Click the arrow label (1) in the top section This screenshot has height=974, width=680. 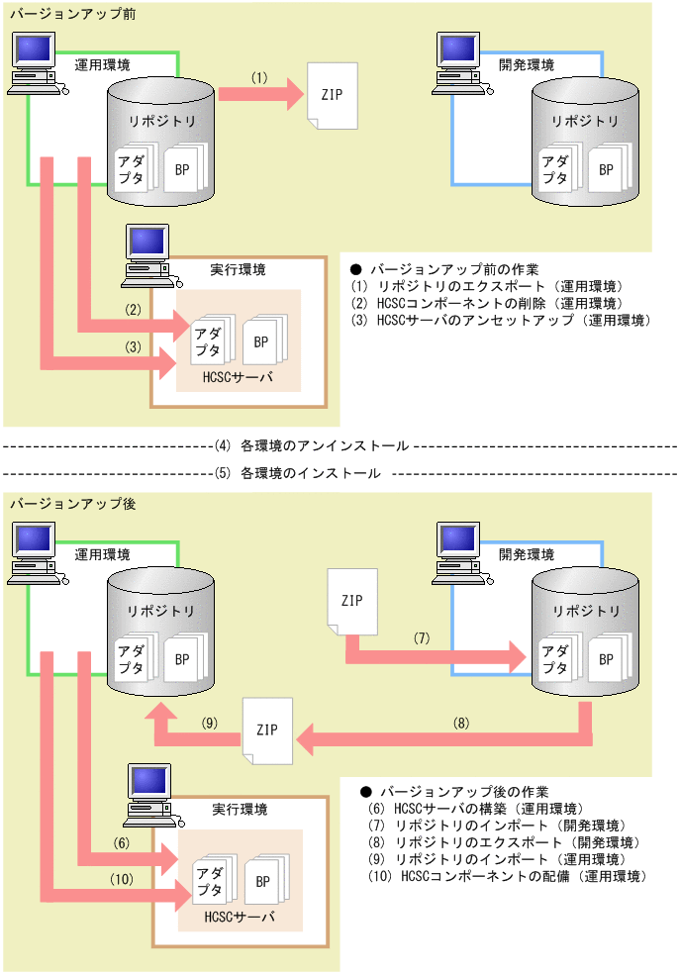pyautogui.click(x=259, y=76)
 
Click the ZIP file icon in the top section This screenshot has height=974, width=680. pyautogui.click(x=334, y=95)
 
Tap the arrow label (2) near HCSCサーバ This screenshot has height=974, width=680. pyautogui.click(x=135, y=310)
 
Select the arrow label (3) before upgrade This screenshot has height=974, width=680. pyautogui.click(x=135, y=347)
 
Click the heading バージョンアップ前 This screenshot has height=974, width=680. pyautogui.click(x=66, y=13)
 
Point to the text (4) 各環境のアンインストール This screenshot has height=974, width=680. pyautogui.click(x=311, y=446)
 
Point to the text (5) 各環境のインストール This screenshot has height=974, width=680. pyautogui.click(x=297, y=473)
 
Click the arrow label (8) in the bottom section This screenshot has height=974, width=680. pyautogui.click(x=461, y=724)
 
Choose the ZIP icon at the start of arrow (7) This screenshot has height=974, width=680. pyautogui.click(x=352, y=601)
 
